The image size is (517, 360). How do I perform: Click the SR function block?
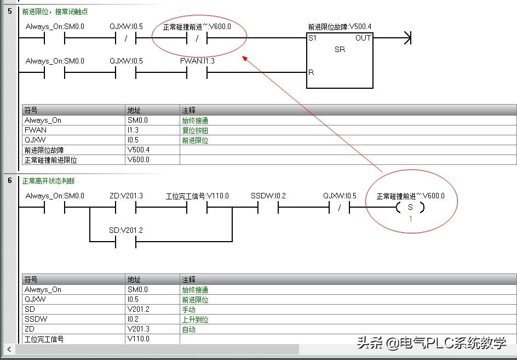click(x=340, y=60)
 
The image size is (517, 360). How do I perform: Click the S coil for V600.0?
click(x=410, y=208)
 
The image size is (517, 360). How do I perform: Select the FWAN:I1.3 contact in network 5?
click(x=197, y=72)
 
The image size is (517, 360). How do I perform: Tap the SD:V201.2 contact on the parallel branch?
click(x=125, y=242)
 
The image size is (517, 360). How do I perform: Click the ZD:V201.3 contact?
click(x=125, y=208)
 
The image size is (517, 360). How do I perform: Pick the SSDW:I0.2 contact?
click(x=268, y=208)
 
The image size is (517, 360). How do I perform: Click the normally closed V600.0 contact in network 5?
click(x=197, y=38)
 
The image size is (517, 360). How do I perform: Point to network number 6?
click(x=10, y=181)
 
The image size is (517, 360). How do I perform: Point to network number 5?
click(x=10, y=11)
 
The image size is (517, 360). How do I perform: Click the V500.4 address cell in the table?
click(x=139, y=150)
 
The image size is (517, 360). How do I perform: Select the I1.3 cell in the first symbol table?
click(x=134, y=130)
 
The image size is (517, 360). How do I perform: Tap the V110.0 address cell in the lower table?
click(x=139, y=339)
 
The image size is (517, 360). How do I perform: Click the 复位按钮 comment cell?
click(x=195, y=130)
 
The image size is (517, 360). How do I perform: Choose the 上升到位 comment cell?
click(x=195, y=319)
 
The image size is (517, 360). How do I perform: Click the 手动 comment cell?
click(x=189, y=310)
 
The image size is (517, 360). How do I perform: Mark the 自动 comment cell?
click(x=189, y=329)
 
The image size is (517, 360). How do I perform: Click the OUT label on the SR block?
click(x=363, y=38)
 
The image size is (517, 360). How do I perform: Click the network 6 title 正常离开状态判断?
click(x=49, y=181)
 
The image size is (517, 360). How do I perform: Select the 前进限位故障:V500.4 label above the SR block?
click(x=340, y=26)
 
